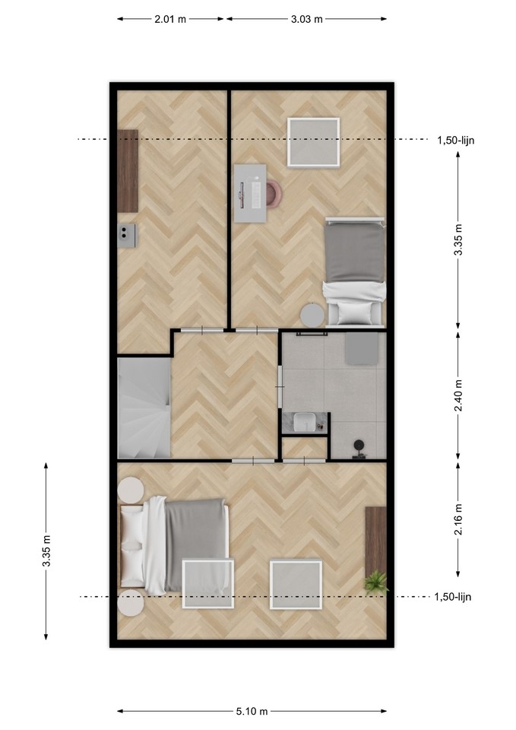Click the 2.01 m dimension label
pyautogui.click(x=169, y=19)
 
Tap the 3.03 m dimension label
pyautogui.click(x=306, y=19)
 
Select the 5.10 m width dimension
pyautogui.click(x=252, y=711)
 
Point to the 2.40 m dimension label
pyautogui.click(x=458, y=395)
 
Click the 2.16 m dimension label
pyautogui.click(x=458, y=519)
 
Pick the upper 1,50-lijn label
pyautogui.click(x=455, y=140)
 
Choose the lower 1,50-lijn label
pyautogui.click(x=453, y=597)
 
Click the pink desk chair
pyautogui.click(x=274, y=193)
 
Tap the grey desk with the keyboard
pyautogui.click(x=250, y=193)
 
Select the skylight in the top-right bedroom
pyautogui.click(x=313, y=142)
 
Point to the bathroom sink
pyautogui.click(x=305, y=423)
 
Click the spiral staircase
pyautogui.click(x=144, y=408)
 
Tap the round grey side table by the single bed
pyautogui.click(x=312, y=315)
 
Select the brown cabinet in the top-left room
pyautogui.click(x=128, y=171)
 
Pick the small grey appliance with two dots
pyautogui.click(x=127, y=236)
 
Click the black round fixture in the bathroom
pyautogui.click(x=359, y=446)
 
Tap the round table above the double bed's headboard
pyautogui.click(x=131, y=490)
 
